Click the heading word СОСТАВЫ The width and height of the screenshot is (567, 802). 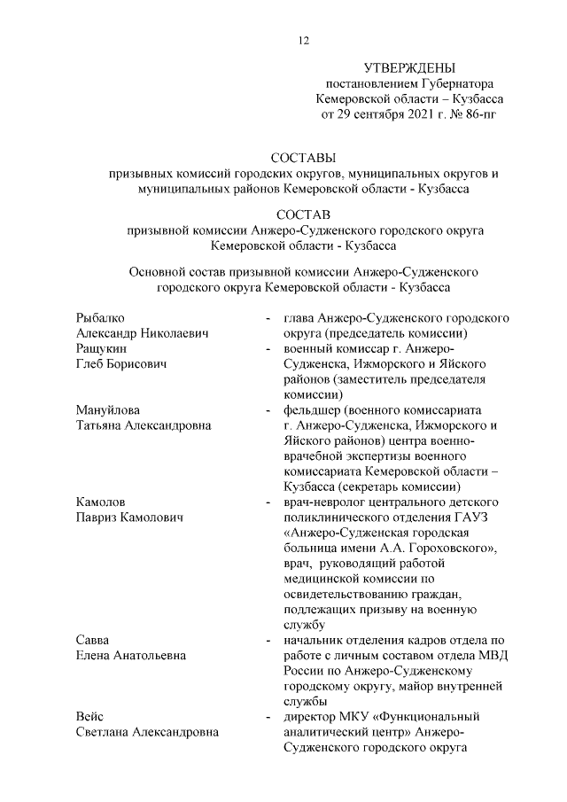point(304,159)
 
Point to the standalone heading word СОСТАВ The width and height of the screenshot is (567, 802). point(304,214)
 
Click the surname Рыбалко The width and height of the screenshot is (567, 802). point(100,317)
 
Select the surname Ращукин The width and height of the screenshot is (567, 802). point(101,349)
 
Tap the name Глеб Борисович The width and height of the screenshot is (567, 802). point(120,364)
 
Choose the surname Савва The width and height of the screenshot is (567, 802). point(93,640)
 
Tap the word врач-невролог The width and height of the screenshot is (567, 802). point(323,502)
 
